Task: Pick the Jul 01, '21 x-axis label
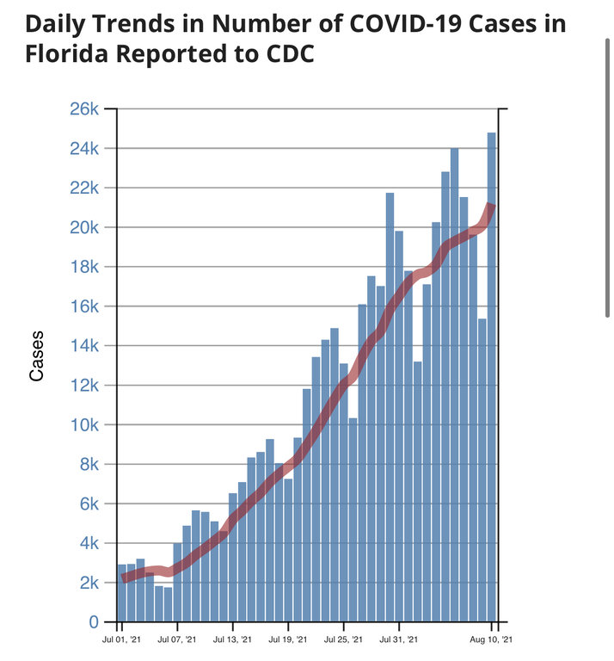pos(120,640)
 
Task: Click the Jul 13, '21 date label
pos(232,640)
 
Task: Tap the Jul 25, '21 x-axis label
pos(343,640)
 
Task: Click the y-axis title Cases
pos(36,356)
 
